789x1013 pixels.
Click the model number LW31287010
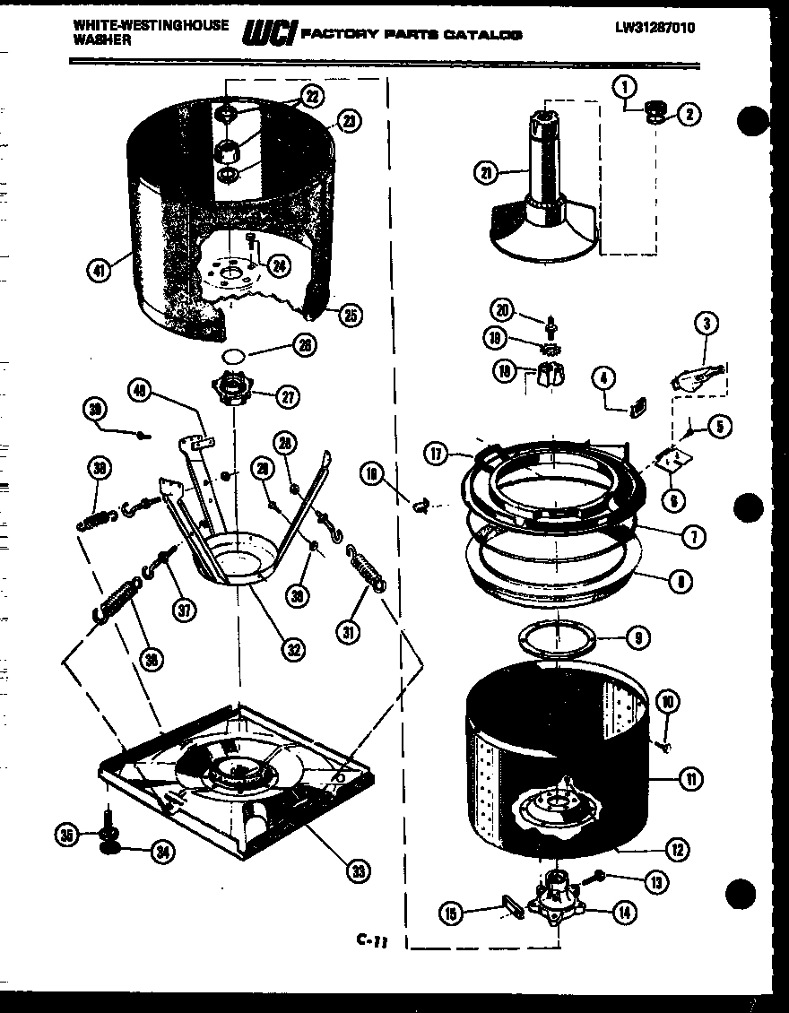click(655, 28)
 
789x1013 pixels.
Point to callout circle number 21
click(488, 174)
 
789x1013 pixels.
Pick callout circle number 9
click(637, 639)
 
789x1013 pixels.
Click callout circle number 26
click(306, 345)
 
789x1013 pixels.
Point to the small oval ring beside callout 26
click(233, 355)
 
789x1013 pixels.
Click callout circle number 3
click(707, 324)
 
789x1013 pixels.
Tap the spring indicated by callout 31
click(364, 568)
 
